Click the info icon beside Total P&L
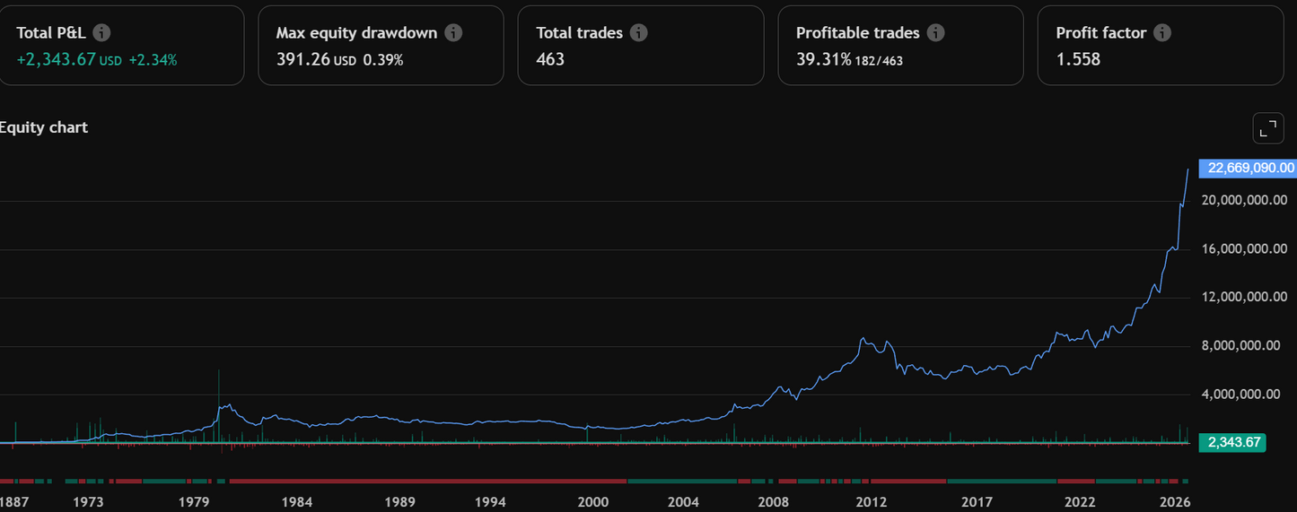pos(102,33)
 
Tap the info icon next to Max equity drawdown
pos(453,33)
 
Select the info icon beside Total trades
pos(638,33)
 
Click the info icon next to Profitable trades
pos(935,33)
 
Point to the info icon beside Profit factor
pos(1162,33)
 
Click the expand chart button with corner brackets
pos(1268,129)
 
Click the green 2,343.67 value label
pos(1235,442)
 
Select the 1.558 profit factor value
pos(1078,60)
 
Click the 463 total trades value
pos(550,60)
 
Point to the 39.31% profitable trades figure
pos(823,60)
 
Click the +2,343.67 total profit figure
pos(56,60)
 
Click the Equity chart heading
pos(43,127)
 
